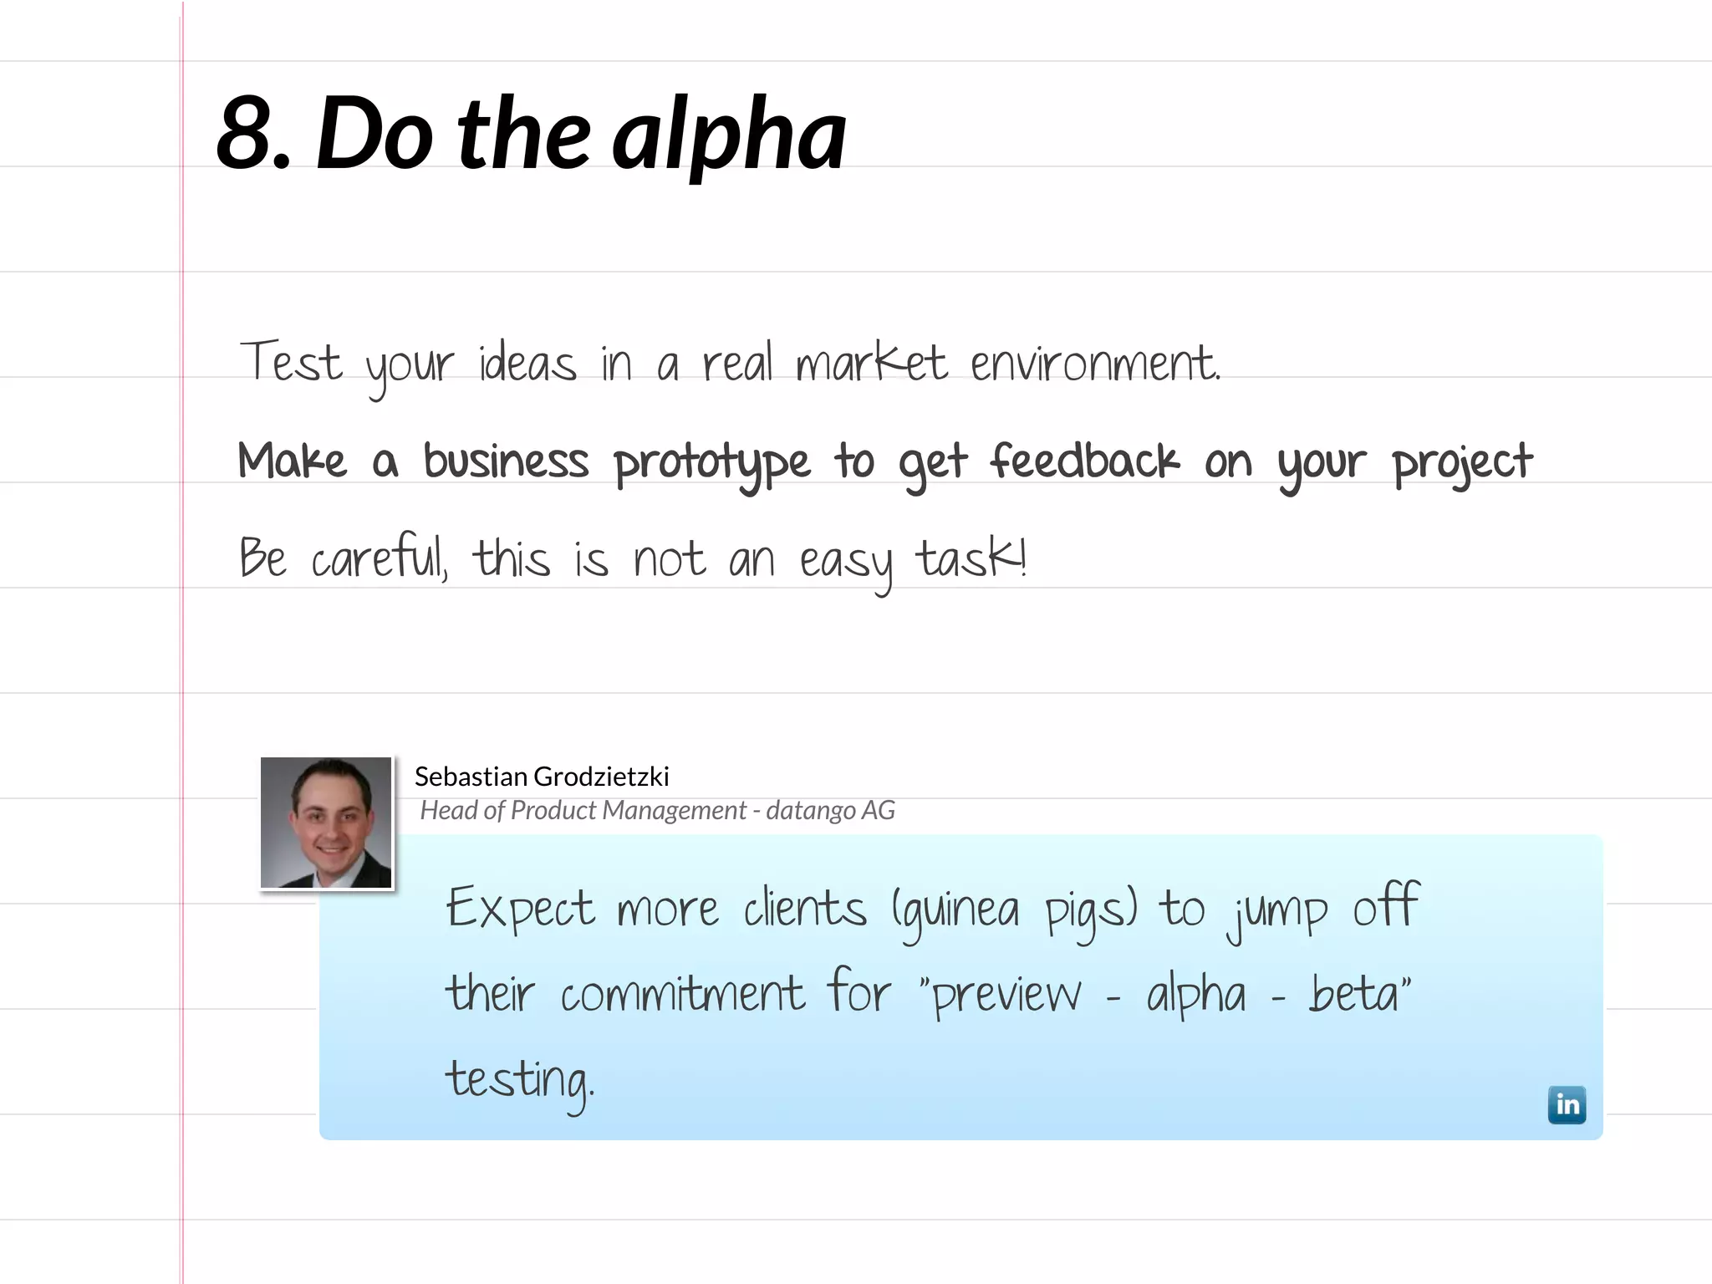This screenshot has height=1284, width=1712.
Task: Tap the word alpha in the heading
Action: (x=729, y=135)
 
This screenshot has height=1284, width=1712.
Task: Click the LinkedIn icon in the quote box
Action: (x=1566, y=1104)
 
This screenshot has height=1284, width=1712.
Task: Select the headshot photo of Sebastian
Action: (x=326, y=823)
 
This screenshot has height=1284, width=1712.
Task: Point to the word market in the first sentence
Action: (x=871, y=364)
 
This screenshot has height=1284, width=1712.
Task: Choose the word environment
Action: (x=1094, y=364)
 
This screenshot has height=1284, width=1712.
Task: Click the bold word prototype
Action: (x=711, y=462)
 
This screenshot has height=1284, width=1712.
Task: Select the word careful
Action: (x=380, y=558)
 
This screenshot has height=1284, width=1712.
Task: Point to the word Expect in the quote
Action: (x=520, y=909)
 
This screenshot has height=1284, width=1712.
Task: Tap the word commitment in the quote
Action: (x=682, y=994)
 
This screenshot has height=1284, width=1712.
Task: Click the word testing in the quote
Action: (x=518, y=1080)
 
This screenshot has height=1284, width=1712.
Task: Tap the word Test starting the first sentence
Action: (x=291, y=363)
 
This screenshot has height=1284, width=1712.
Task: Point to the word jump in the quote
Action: (x=1276, y=911)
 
